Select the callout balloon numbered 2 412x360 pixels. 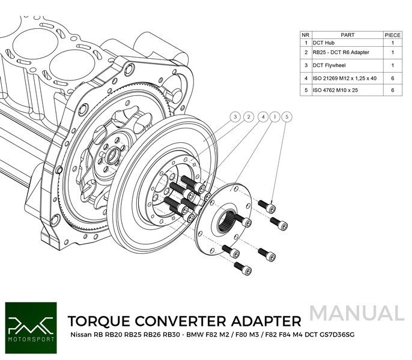(x=249, y=116)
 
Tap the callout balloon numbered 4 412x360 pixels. (x=262, y=116)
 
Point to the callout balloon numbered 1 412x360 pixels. (x=274, y=116)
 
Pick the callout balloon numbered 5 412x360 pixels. (x=287, y=116)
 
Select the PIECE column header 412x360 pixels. (x=392, y=35)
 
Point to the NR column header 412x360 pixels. (x=305, y=35)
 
